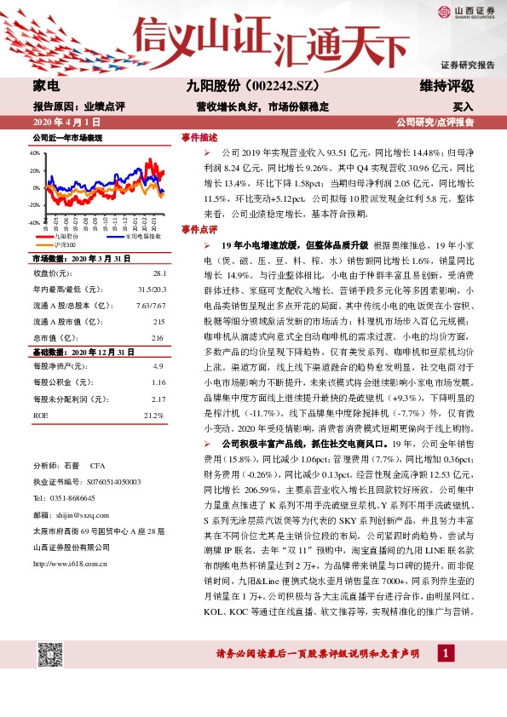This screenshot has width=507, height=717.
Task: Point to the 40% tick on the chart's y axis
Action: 35,153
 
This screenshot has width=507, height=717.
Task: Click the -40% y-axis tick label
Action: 34,221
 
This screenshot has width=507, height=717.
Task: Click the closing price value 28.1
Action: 158,273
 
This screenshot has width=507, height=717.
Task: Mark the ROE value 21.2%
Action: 153,415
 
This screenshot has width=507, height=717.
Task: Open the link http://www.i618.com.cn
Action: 71,563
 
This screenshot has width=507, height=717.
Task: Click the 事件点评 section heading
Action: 199,230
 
